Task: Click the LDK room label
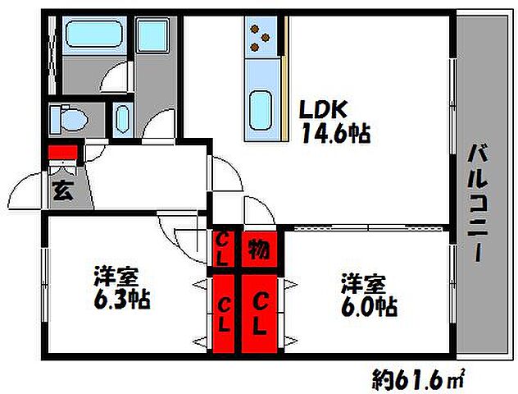323,109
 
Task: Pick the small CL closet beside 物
223,245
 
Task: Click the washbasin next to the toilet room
122,117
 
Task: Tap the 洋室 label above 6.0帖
363,285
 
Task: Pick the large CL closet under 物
261,313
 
